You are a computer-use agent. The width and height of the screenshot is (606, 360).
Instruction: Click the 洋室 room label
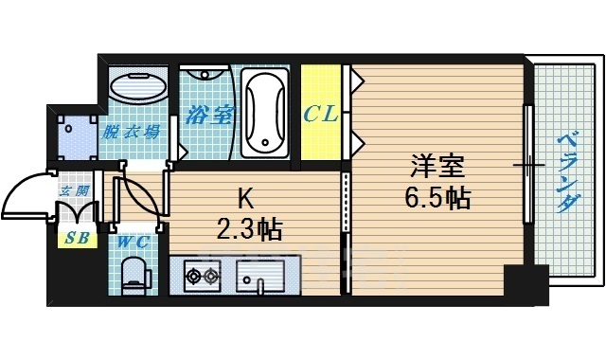point(437,167)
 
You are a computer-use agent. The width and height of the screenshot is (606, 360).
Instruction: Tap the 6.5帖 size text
point(437,198)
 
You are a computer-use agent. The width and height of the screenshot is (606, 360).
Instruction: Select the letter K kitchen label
point(245,200)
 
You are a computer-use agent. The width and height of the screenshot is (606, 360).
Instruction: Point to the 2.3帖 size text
point(249,229)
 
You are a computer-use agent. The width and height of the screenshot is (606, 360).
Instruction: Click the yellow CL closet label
point(321,115)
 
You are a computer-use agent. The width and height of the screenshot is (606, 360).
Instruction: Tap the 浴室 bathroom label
point(209,115)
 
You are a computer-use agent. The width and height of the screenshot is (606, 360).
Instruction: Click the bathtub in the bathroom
point(265,113)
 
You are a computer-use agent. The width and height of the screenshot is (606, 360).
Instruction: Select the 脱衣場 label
point(131,133)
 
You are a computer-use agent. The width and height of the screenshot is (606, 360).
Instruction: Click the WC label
point(134,243)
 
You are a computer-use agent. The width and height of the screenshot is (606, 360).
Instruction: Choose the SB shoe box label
point(78,238)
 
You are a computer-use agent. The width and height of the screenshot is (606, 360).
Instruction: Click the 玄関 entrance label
point(75,190)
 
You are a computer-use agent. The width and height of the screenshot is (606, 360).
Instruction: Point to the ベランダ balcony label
point(568,172)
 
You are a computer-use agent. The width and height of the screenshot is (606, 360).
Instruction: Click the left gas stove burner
point(193,276)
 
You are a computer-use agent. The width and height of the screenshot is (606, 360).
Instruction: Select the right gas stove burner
point(211,276)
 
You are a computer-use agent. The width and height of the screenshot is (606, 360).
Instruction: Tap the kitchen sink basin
point(259,276)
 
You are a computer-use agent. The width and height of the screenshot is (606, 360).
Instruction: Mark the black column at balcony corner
point(526,284)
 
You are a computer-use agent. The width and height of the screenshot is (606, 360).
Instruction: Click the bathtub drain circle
point(265,142)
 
